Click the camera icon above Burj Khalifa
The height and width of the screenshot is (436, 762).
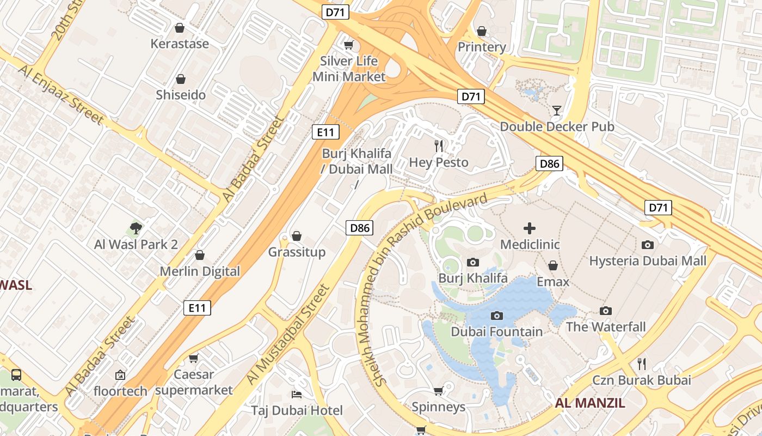(x=473, y=263)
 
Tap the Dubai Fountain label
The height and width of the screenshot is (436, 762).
(x=496, y=331)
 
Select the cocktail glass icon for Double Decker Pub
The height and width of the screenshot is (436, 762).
(x=556, y=111)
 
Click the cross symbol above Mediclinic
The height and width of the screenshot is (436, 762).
(x=529, y=228)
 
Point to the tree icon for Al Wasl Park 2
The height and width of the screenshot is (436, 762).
(x=136, y=228)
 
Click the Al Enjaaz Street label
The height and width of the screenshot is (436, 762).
(x=60, y=95)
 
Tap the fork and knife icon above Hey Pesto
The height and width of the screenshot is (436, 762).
(x=439, y=146)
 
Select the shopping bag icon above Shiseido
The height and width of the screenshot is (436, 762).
(x=181, y=80)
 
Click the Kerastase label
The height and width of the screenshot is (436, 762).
(x=180, y=44)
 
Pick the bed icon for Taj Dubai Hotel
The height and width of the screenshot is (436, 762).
(x=297, y=394)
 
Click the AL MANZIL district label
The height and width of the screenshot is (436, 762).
(x=589, y=403)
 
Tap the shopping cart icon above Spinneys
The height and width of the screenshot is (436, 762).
(x=438, y=391)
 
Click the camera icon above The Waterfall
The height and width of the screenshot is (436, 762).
(x=605, y=311)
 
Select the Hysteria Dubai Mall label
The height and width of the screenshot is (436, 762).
(x=648, y=261)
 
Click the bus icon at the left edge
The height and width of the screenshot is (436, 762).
(x=16, y=375)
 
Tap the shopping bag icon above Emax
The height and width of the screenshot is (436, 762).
(x=552, y=265)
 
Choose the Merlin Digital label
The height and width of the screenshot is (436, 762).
(x=200, y=271)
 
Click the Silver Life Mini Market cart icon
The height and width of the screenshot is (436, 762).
(x=348, y=45)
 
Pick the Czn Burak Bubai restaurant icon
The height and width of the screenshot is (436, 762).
(x=642, y=364)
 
